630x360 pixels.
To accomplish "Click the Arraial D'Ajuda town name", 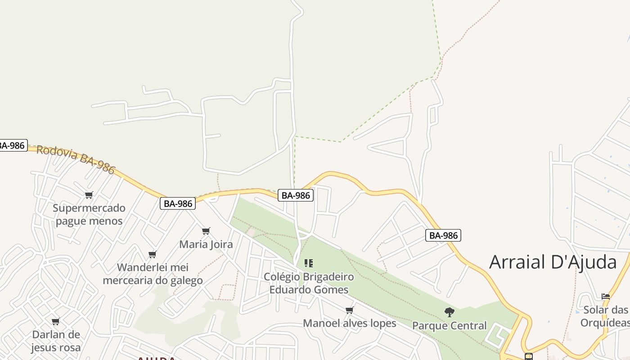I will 553,262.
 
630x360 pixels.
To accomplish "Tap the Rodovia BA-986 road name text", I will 76,159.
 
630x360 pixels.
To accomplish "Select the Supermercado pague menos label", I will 89,215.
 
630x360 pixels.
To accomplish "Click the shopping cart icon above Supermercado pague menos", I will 89,195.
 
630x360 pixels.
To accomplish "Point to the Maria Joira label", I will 206,244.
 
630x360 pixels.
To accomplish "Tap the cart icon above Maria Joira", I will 206,231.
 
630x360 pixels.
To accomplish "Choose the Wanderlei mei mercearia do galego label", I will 153,274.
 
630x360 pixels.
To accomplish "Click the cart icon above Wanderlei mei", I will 153,254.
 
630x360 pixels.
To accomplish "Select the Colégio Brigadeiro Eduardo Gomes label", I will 309,283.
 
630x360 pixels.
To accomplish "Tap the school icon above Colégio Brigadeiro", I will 309,263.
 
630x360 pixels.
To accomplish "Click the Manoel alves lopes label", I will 350,323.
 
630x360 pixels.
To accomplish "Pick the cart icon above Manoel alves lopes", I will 350,310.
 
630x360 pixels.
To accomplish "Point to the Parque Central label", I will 450,325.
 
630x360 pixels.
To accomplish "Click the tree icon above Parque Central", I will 449,312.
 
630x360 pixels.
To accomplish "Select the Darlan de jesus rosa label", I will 56,341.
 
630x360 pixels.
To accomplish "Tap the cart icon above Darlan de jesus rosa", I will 56,321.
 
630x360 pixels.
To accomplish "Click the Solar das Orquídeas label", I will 605,316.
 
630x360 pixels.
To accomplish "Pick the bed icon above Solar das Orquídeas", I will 606,297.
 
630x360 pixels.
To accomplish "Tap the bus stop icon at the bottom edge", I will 529,357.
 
